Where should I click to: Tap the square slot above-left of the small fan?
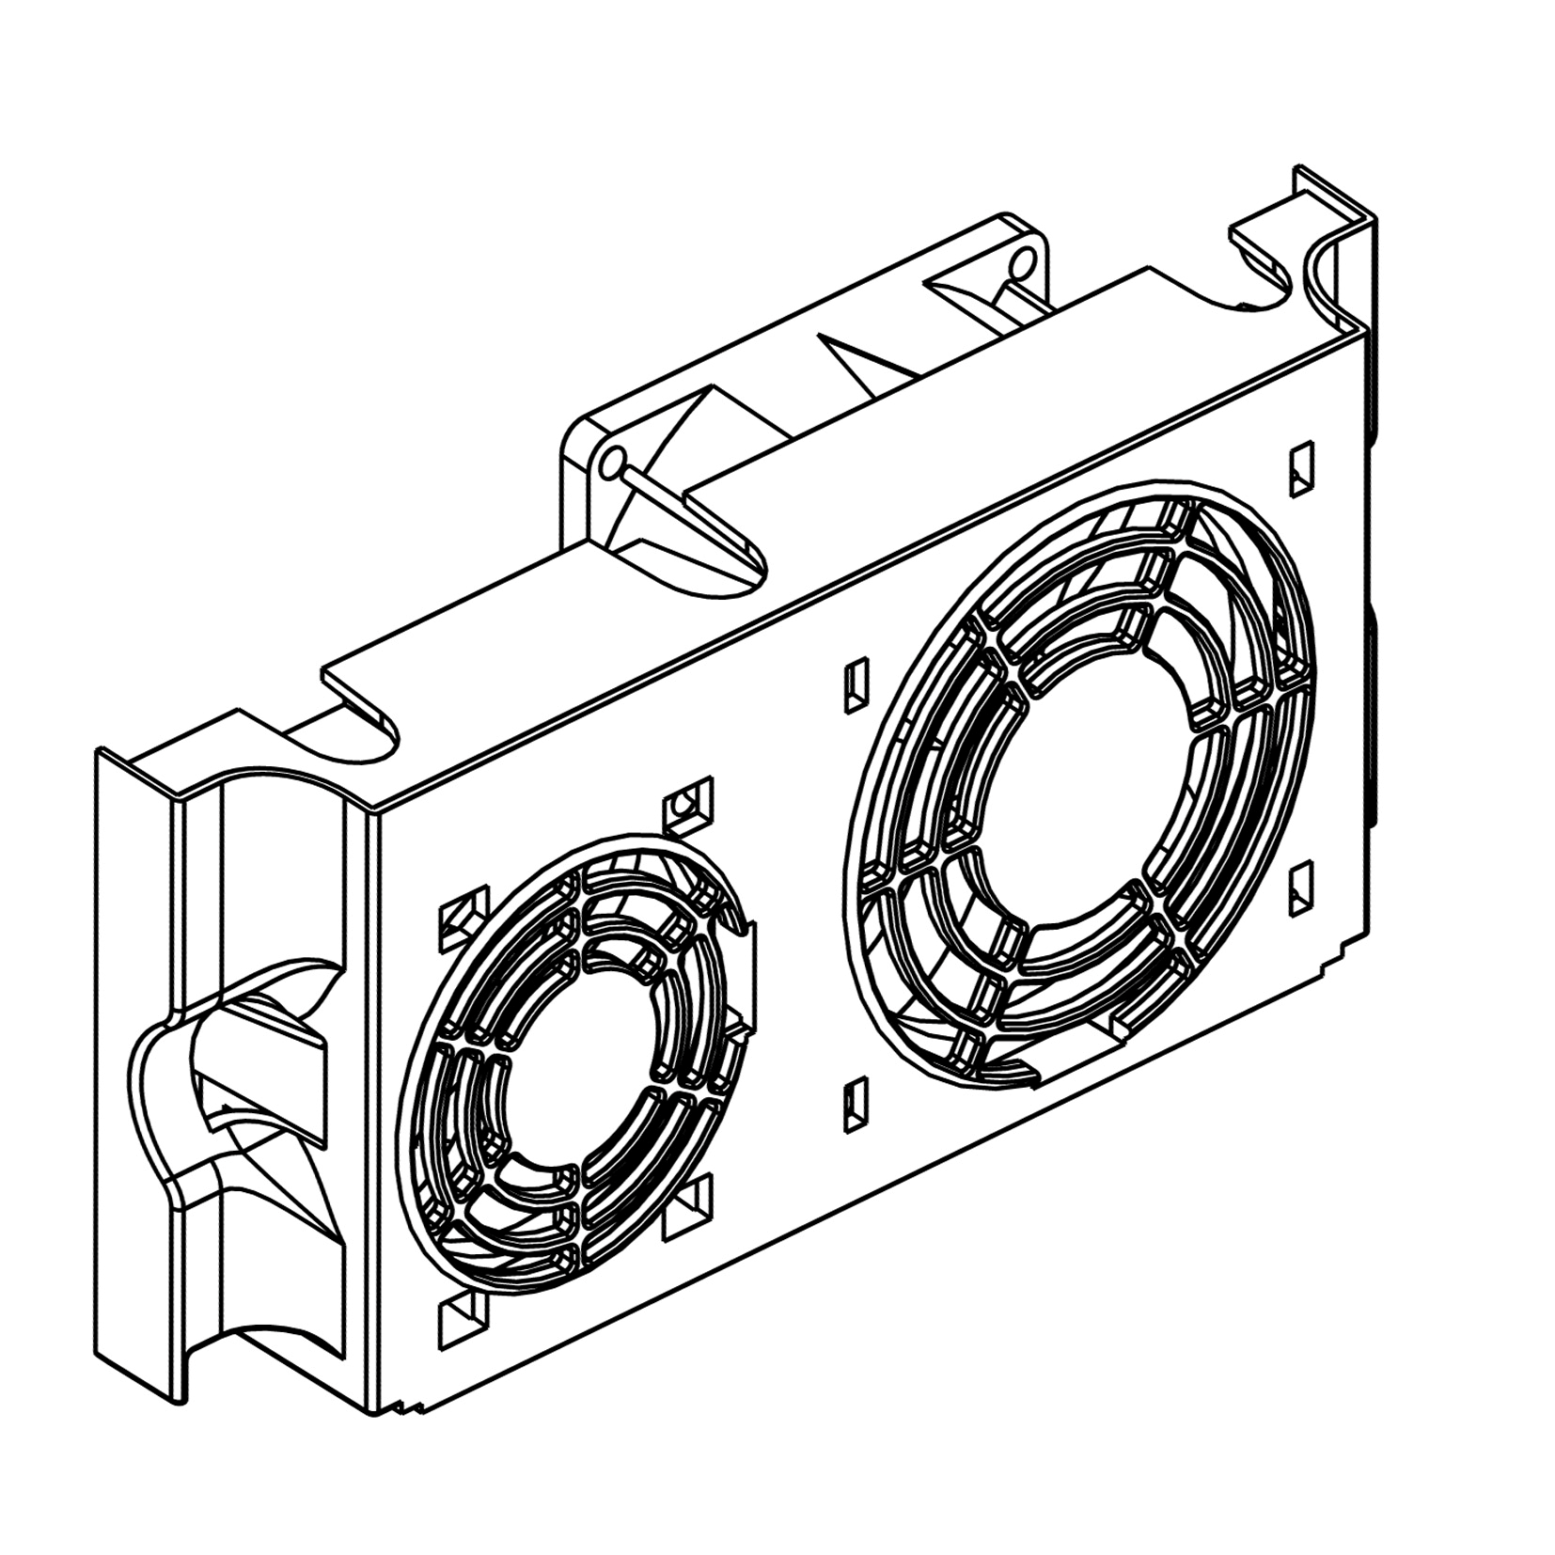463,916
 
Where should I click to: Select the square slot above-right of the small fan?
688,804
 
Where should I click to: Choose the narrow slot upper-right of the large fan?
1301,468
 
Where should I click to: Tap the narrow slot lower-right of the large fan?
1301,887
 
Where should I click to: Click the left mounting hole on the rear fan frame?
612,462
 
